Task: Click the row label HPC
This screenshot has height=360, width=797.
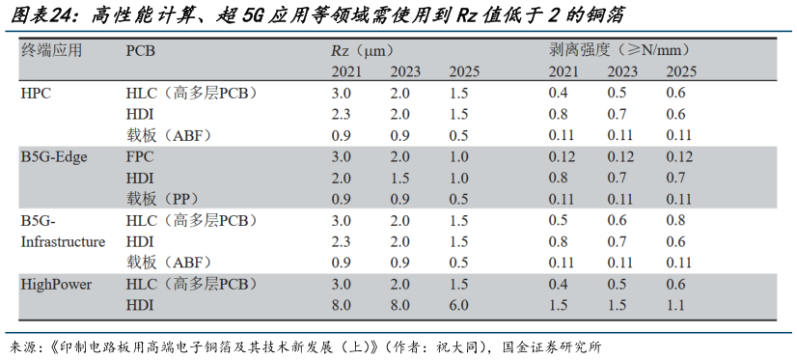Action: point(36,93)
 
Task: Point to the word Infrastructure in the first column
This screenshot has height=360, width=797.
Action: point(63,241)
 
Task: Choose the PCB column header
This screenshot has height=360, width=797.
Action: point(141,49)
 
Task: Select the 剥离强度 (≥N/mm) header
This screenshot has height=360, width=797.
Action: point(618,49)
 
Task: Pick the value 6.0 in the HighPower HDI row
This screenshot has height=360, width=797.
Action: point(458,305)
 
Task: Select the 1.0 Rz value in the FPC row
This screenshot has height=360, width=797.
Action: point(458,156)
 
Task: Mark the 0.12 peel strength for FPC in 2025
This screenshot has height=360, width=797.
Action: point(679,156)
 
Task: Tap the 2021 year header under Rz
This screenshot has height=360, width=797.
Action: point(347,71)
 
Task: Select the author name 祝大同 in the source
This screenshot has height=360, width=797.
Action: point(459,346)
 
